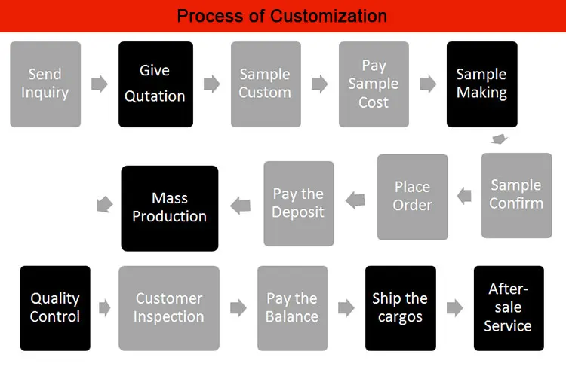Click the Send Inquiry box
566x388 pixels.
[x=45, y=84]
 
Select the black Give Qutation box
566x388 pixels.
[x=155, y=84]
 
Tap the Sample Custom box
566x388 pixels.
[x=266, y=84]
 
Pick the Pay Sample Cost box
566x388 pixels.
[x=374, y=84]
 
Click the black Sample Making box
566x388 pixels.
[x=482, y=84]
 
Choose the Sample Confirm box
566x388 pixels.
[x=517, y=195]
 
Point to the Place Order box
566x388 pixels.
[x=413, y=197]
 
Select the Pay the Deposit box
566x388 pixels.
[x=298, y=203]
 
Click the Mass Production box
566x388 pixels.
[x=170, y=208]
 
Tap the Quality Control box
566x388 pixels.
[x=55, y=308]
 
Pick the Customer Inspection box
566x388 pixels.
[x=169, y=308]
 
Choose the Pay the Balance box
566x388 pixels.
[x=292, y=308]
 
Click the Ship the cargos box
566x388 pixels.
[x=401, y=308]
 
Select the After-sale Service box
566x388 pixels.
[x=509, y=308]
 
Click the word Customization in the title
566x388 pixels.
[x=330, y=16]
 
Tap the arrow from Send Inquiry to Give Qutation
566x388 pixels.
[x=100, y=84]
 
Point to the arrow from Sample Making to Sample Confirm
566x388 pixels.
[x=498, y=139]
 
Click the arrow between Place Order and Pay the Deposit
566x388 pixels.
[x=355, y=200]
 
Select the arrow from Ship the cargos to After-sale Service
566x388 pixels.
[x=455, y=308]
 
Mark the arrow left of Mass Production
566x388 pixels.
[x=105, y=203]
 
